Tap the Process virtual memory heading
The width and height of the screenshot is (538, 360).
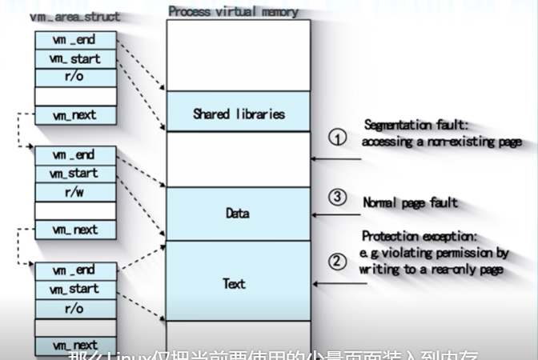pyautogui.click(x=233, y=11)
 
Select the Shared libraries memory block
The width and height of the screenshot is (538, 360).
pyautogui.click(x=238, y=114)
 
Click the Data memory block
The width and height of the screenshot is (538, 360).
pyautogui.click(x=238, y=214)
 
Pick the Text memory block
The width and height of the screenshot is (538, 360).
pyautogui.click(x=238, y=283)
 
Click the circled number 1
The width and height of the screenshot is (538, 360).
pyautogui.click(x=338, y=138)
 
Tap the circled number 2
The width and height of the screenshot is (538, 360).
pyautogui.click(x=338, y=262)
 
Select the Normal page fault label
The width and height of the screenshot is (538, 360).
pyautogui.click(x=411, y=202)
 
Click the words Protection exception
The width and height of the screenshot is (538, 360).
pyautogui.click(x=420, y=237)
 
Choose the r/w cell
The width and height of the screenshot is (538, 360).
pyautogui.click(x=74, y=192)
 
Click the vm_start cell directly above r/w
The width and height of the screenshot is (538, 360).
pyautogui.click(x=74, y=173)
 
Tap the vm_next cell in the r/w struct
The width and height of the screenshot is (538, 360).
pyautogui.click(x=74, y=230)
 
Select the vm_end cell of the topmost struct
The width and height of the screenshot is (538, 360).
pyautogui.click(x=74, y=40)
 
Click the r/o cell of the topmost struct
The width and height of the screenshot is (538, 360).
pyautogui.click(x=74, y=77)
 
